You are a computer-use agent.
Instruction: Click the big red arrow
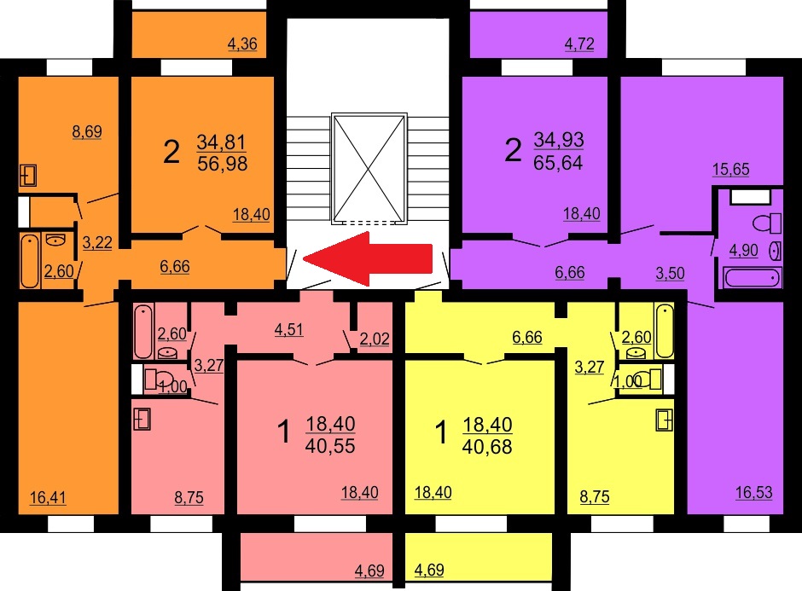click(x=369, y=258)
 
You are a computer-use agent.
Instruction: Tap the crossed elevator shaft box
click(x=369, y=168)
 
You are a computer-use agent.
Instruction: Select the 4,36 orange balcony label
click(x=242, y=44)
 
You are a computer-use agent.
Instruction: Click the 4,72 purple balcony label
click(x=579, y=44)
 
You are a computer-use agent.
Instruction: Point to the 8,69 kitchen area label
click(x=87, y=131)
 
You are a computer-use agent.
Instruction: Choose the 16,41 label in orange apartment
click(x=48, y=497)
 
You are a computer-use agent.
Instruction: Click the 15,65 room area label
click(x=731, y=169)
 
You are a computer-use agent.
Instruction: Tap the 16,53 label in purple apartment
click(x=754, y=492)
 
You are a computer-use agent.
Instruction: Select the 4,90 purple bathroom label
click(x=744, y=251)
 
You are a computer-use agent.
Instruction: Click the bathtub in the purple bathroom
click(x=753, y=278)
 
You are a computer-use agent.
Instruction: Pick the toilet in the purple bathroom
click(x=767, y=223)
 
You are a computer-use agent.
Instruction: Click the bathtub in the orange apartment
click(x=30, y=261)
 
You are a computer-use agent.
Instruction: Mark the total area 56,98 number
click(x=222, y=164)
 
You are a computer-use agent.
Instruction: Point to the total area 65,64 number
click(x=558, y=163)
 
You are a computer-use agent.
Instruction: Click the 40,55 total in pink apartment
click(x=330, y=446)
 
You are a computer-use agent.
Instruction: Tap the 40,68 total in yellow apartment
click(x=487, y=446)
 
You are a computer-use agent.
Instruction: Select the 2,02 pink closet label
click(x=375, y=339)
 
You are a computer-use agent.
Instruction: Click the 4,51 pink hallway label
click(x=289, y=330)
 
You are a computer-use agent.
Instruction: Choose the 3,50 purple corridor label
click(x=670, y=273)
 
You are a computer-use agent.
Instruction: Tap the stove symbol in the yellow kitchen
click(x=665, y=420)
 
